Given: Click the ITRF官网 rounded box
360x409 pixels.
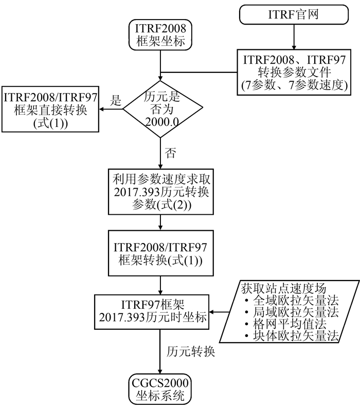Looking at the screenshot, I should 294,14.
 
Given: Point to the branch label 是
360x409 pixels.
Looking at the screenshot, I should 116,101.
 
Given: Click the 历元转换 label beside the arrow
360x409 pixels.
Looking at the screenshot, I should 191,352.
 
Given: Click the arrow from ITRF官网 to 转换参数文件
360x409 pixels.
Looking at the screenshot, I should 294,36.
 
